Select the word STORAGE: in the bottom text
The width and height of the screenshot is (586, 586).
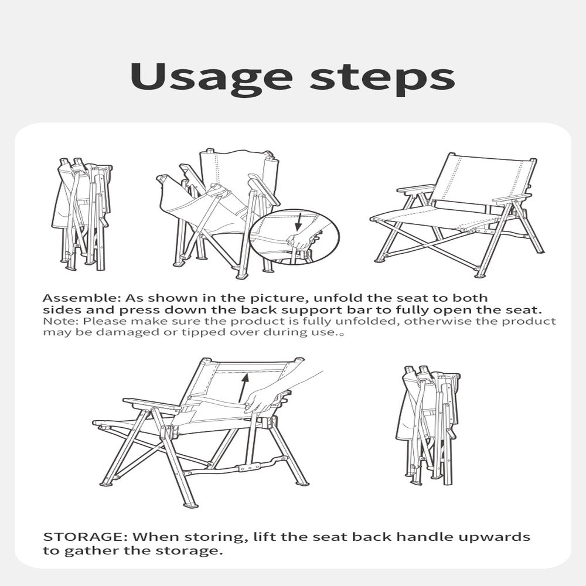click(x=86, y=537)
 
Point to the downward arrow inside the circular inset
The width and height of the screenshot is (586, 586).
click(x=298, y=222)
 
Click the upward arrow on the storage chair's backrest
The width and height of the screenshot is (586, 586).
click(x=244, y=388)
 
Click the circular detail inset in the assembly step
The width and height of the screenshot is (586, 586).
click(x=294, y=237)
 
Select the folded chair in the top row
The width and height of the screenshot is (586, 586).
click(x=81, y=214)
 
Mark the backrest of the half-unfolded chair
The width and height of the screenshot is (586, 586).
click(x=239, y=170)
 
